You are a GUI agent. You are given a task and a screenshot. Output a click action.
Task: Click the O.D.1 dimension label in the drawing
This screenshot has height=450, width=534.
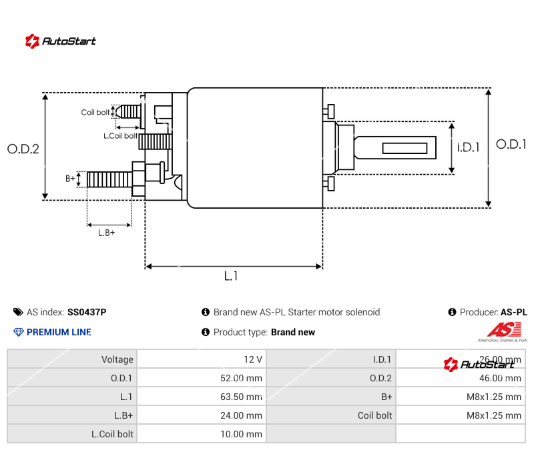pos(511,144)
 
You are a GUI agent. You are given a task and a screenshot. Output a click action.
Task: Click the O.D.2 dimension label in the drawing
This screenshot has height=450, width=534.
pos(23,149)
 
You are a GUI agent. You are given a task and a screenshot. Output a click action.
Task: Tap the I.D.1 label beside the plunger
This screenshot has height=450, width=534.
pos(469,147)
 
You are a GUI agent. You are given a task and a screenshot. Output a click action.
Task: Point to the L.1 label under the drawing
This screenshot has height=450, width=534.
pos(231,276)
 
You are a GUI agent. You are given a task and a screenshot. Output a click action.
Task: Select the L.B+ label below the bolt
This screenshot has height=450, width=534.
pos(107,233)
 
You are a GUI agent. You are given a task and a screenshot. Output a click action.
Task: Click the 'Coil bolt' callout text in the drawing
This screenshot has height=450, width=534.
pos(95,112)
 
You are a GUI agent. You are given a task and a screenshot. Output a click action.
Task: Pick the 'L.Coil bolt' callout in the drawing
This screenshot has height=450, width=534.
pos(121,136)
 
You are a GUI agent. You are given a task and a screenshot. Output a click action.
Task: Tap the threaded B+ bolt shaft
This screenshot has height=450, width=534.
pos(109,179)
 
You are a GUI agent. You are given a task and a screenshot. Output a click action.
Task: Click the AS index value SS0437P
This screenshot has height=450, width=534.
pos(87,312)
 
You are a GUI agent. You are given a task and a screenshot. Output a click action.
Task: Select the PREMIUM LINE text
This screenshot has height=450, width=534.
pos(59,332)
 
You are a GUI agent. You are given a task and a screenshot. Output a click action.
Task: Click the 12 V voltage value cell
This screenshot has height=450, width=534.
pos(253,359)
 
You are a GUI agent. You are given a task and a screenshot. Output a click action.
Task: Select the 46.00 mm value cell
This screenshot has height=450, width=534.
pos(500,378)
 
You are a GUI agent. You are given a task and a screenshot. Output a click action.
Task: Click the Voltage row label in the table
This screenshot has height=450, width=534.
pos(117,359)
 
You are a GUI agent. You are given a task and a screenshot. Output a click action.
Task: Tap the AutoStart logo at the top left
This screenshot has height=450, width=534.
pos(61,41)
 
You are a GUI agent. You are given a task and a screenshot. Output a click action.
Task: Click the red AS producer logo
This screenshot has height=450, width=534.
pos(499,329)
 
